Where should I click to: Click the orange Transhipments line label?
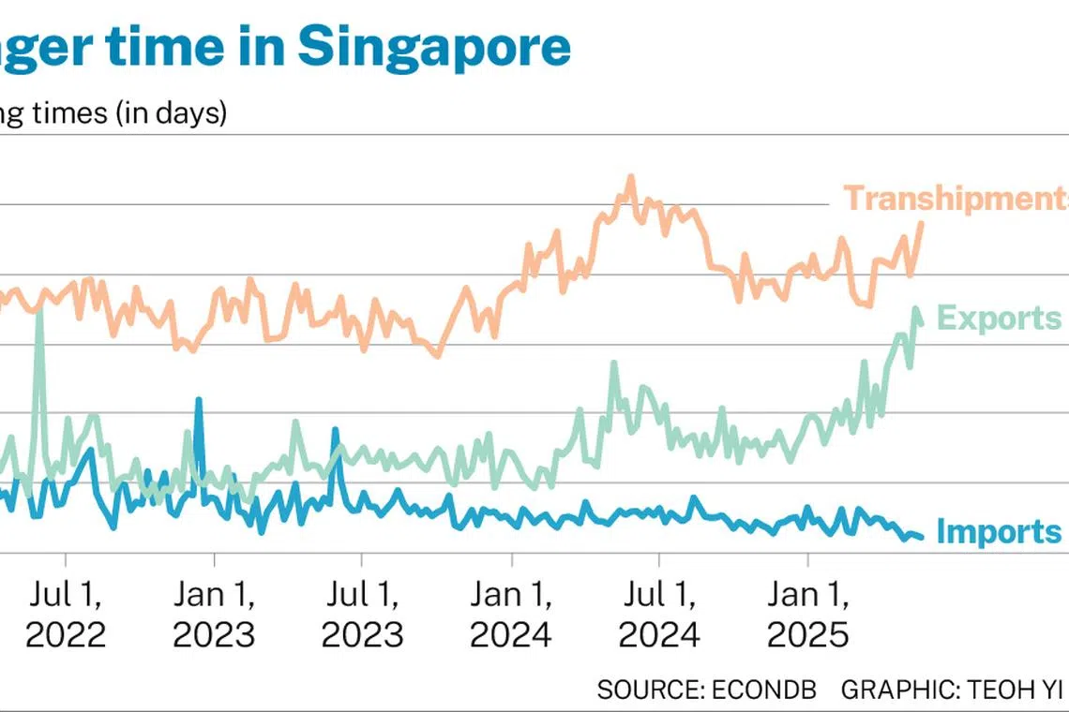click(955, 199)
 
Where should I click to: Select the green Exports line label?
click(999, 319)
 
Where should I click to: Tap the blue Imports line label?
click(999, 532)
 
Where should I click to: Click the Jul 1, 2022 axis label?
click(66, 615)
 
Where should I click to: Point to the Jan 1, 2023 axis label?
click(214, 615)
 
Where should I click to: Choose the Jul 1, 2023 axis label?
click(362, 615)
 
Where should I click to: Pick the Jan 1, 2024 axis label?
click(511, 615)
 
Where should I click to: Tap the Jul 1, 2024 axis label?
click(659, 615)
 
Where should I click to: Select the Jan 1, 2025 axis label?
click(808, 615)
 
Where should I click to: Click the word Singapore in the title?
click(434, 47)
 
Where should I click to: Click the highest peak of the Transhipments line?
click(630, 177)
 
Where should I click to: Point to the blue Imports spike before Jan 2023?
click(199, 401)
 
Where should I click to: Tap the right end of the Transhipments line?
click(921, 224)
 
